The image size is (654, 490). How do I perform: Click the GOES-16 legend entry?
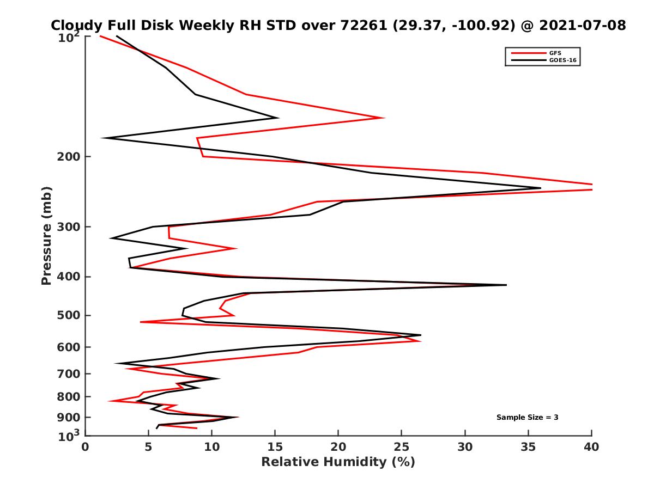tap(561, 60)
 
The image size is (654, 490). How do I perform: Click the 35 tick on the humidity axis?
tap(528, 447)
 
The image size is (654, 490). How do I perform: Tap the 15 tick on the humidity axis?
tap(275, 447)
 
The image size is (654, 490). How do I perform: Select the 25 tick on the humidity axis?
tap(402, 447)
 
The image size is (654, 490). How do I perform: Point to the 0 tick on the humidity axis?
tap(85, 447)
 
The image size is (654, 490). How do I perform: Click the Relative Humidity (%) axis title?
tap(338, 462)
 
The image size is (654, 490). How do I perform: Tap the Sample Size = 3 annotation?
tap(527, 417)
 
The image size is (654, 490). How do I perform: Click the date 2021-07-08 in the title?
tap(581, 25)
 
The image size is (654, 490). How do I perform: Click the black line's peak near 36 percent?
tap(540, 188)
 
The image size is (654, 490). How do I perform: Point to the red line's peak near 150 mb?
tap(384, 118)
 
